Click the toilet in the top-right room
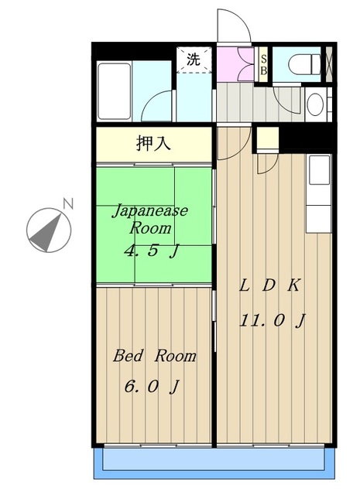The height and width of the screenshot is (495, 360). tap(304, 64)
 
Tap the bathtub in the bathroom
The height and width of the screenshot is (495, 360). tap(114, 91)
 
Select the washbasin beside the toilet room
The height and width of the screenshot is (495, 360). tap(315, 104)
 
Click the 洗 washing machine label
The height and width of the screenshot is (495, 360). tap(194, 60)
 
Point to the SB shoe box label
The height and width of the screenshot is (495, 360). tap(263, 65)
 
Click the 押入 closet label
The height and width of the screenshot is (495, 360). tap(153, 144)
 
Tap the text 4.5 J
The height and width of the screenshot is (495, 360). tap(152, 251)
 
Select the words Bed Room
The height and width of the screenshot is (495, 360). tap(155, 356)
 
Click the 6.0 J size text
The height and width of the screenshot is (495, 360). tap(152, 386)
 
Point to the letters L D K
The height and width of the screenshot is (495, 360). tap(269, 285)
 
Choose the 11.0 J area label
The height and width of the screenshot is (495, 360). tap(273, 321)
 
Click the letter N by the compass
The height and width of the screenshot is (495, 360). tap(68, 203)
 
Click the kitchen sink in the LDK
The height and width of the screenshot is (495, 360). tap(319, 170)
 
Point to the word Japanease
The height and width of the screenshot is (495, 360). tap(150, 211)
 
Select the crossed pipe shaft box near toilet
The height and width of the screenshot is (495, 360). tap(329, 64)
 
